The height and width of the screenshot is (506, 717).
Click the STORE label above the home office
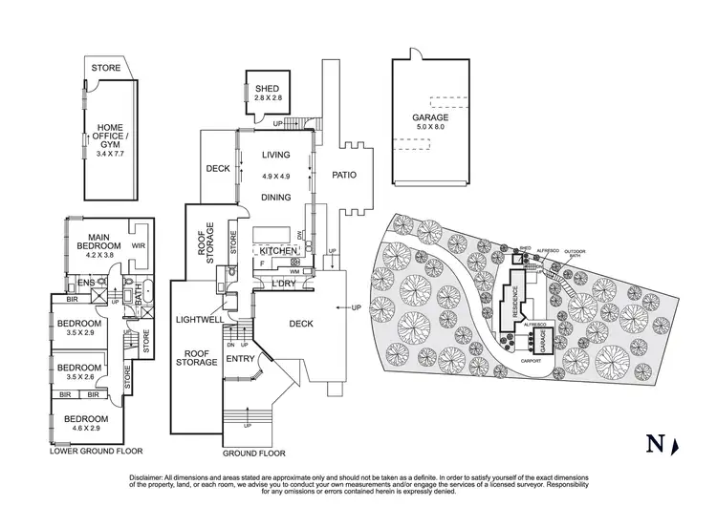tap(106, 69)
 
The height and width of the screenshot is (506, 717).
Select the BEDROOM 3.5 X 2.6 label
tap(80, 372)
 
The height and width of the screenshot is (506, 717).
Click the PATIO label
tap(345, 175)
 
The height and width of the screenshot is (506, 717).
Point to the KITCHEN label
tap(274, 250)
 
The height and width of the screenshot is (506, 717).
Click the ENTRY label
tap(240, 359)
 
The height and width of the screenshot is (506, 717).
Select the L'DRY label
tap(282, 285)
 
